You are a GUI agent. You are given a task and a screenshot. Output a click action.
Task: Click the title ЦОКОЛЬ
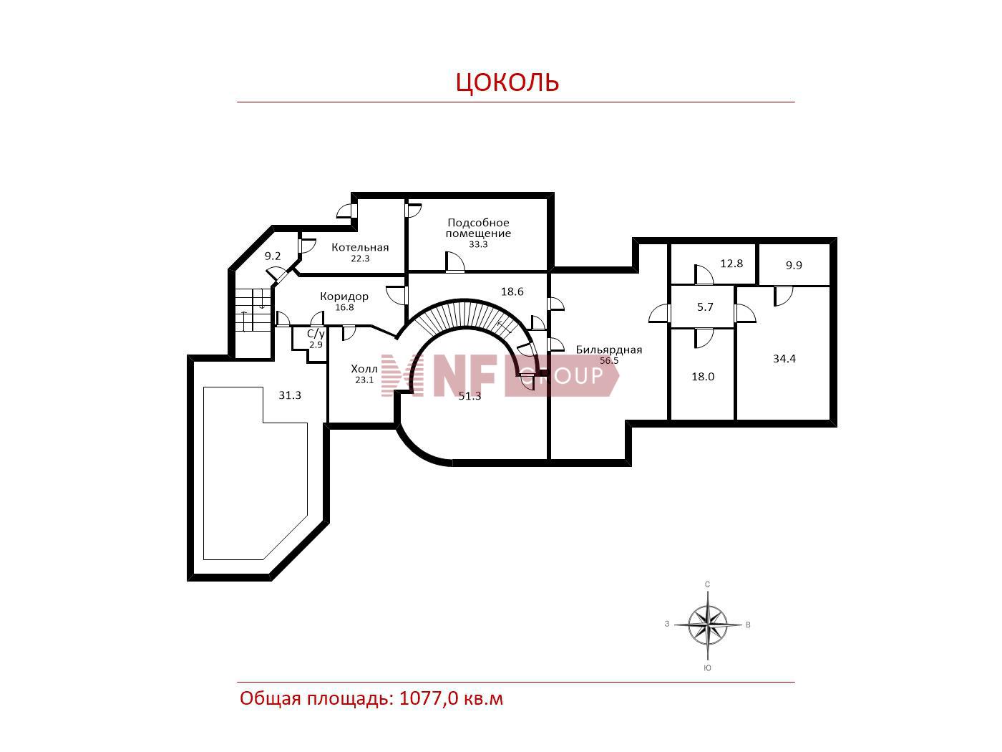(507, 82)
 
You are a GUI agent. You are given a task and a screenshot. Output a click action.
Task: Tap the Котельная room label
(360, 247)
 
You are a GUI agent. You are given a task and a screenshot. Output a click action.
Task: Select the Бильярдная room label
(608, 350)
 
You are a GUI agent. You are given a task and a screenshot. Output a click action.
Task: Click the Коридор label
(344, 297)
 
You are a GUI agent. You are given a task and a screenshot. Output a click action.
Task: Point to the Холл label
(364, 368)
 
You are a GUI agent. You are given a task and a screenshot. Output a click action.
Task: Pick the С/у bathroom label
(316, 333)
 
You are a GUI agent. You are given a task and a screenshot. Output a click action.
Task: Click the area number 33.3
(478, 244)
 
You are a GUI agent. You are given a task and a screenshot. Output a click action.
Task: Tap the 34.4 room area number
(784, 359)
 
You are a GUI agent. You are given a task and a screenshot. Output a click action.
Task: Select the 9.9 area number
(794, 265)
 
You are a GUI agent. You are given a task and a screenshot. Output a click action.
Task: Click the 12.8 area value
(731, 264)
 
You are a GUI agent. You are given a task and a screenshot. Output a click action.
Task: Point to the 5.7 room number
(705, 307)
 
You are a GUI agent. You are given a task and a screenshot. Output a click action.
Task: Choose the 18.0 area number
(703, 377)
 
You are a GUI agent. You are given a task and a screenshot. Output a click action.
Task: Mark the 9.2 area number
(273, 256)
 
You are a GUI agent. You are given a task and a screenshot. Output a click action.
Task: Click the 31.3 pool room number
(290, 395)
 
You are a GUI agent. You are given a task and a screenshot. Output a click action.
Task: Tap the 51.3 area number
(470, 396)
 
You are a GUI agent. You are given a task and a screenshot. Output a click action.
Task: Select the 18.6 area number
(512, 291)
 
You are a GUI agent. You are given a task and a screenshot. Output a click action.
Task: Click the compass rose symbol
(708, 625)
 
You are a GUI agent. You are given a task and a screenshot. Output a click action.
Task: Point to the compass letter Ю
(707, 668)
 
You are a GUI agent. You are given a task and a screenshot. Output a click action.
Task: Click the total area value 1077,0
(429, 698)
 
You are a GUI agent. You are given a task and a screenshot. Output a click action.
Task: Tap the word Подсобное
(478, 223)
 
